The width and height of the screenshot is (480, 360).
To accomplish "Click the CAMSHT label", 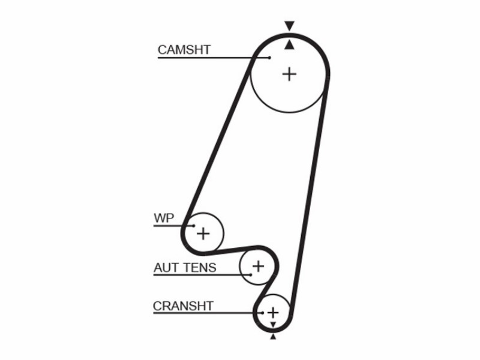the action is click(184, 50).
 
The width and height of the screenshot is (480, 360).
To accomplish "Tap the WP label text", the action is click(164, 218).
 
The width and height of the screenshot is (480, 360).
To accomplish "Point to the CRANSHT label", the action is click(183, 306).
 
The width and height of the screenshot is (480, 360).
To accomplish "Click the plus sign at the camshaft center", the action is click(289, 74).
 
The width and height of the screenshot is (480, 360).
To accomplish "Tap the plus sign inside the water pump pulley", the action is click(203, 234).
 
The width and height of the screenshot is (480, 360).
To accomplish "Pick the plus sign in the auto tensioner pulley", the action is click(259, 266).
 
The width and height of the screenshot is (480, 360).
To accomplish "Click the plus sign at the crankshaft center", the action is click(273, 313).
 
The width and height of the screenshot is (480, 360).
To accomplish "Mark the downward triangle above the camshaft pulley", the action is click(289, 25).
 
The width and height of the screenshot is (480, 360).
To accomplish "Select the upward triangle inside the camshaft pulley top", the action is click(289, 45).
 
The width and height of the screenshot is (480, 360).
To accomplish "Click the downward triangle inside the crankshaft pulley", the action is click(273, 325).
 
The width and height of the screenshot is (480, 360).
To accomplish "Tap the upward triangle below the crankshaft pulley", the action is click(273, 337).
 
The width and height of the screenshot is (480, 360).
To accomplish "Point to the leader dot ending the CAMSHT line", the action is click(269, 58).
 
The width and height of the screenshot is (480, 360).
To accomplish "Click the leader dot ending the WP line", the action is click(194, 226).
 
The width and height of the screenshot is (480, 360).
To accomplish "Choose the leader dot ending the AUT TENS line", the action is click(251, 275).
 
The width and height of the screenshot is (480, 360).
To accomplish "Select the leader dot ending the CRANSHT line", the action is click(263, 313).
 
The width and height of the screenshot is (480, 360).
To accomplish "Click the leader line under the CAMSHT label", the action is click(214, 58).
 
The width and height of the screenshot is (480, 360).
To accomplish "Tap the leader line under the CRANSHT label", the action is click(208, 313).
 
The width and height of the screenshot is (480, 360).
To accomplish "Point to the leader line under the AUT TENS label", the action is click(202, 275).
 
